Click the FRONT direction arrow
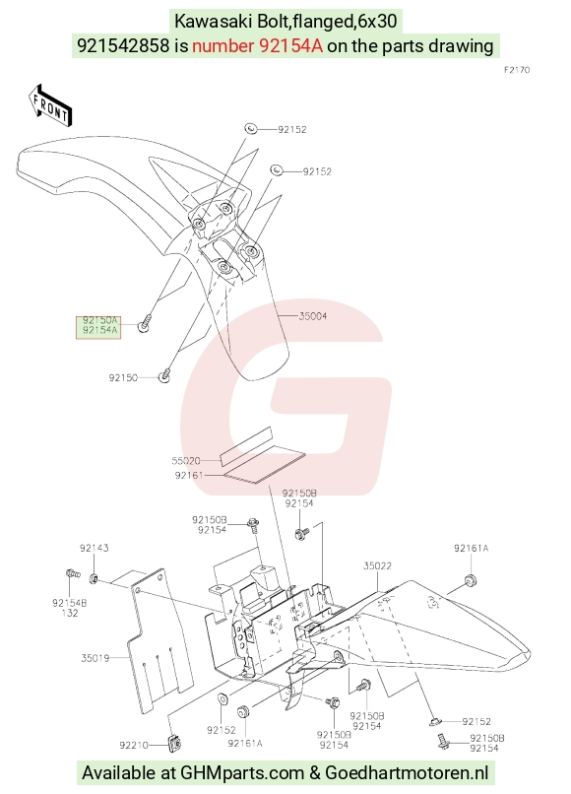50,105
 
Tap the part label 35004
313,316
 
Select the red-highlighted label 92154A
100,331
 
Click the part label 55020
186,461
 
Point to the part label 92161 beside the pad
189,476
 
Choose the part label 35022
377,566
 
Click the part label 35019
95,658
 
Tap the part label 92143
95,548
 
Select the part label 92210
134,745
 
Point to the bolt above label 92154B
73,573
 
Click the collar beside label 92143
95,578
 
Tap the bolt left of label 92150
165,376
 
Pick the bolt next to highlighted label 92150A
145,324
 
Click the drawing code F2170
517,70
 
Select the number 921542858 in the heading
123,46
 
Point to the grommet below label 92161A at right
471,580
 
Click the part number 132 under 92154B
70,613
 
